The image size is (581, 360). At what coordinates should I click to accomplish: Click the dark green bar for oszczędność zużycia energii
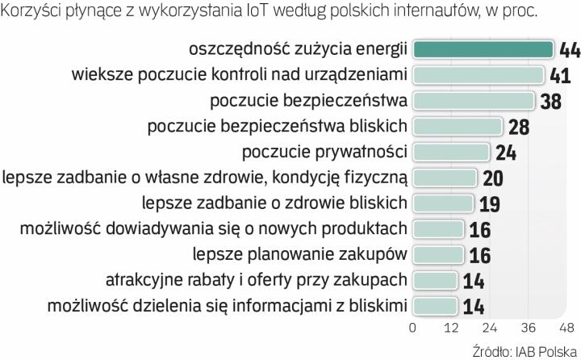click(484, 50)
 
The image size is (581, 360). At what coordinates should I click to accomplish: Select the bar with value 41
click(479, 76)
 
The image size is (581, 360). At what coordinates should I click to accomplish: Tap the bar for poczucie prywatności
click(451, 153)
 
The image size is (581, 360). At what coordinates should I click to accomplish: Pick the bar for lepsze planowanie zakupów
click(438, 255)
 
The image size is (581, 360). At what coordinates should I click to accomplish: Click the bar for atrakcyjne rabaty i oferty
click(435, 281)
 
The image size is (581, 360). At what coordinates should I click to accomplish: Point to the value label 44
click(569, 51)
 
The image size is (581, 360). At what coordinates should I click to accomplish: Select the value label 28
click(518, 128)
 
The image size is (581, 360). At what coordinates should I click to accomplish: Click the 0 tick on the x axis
click(412, 329)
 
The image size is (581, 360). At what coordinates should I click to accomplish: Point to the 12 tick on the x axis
click(451, 329)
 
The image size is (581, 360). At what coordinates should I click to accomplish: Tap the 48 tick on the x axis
click(567, 329)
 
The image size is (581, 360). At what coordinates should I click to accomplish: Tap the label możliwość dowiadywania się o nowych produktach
click(213, 229)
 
